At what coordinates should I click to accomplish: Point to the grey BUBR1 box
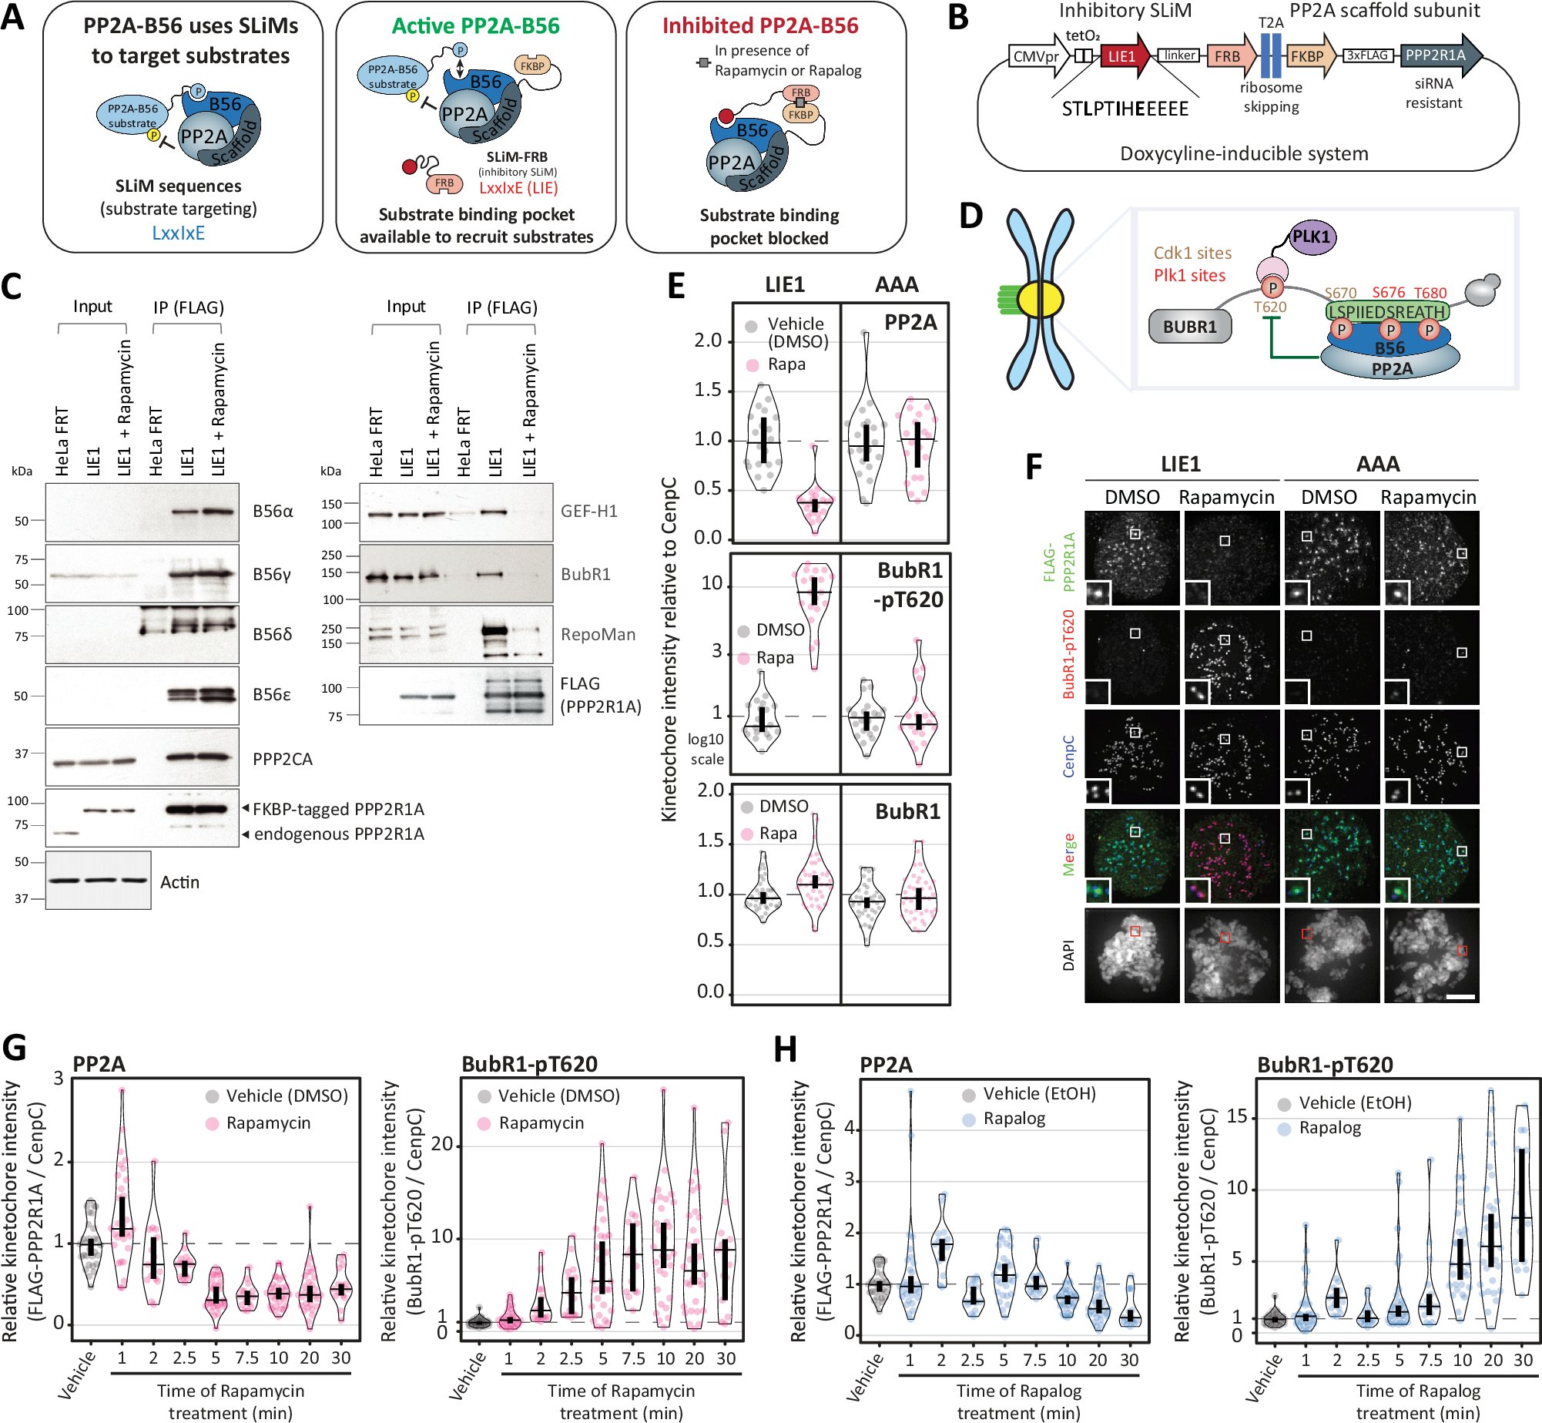point(1189,327)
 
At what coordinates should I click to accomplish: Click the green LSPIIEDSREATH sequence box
point(1386,311)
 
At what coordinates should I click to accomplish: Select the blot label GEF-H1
point(588,512)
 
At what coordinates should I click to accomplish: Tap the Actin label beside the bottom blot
point(179,882)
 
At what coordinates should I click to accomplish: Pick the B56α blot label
point(273,512)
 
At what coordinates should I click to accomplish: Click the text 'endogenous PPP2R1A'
point(339,834)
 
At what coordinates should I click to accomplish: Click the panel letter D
point(971,216)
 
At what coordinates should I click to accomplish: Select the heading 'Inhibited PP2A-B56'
point(760,26)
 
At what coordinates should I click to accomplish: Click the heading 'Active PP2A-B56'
point(475,26)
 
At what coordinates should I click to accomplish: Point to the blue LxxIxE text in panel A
point(178,233)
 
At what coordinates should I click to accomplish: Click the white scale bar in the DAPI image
point(1460,997)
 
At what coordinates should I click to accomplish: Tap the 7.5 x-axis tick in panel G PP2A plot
point(246,1358)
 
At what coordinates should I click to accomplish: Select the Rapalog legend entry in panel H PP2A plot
point(1014,1119)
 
